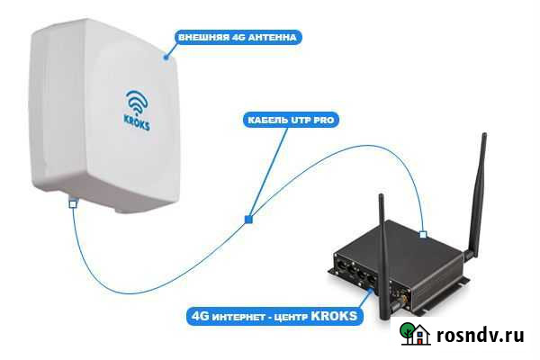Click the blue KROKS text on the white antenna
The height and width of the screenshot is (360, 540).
[x=137, y=123]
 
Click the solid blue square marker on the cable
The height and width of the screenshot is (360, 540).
[x=248, y=219]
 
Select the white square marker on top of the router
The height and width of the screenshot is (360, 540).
[x=422, y=235]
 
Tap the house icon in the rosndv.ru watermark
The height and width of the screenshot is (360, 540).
[x=413, y=334]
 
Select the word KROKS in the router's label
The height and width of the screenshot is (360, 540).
[x=336, y=316]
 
